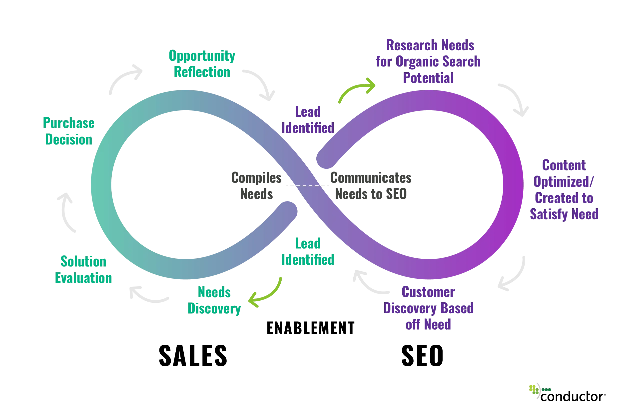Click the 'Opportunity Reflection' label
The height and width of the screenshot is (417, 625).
(x=202, y=64)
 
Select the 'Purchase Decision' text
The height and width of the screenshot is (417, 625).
(x=68, y=132)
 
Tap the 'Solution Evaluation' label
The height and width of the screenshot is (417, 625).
(x=83, y=270)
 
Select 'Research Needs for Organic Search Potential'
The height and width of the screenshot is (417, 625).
(x=429, y=61)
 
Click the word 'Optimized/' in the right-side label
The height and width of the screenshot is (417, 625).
(x=564, y=182)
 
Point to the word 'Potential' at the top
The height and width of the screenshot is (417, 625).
(x=428, y=78)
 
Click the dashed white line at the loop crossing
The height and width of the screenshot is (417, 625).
(x=308, y=186)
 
